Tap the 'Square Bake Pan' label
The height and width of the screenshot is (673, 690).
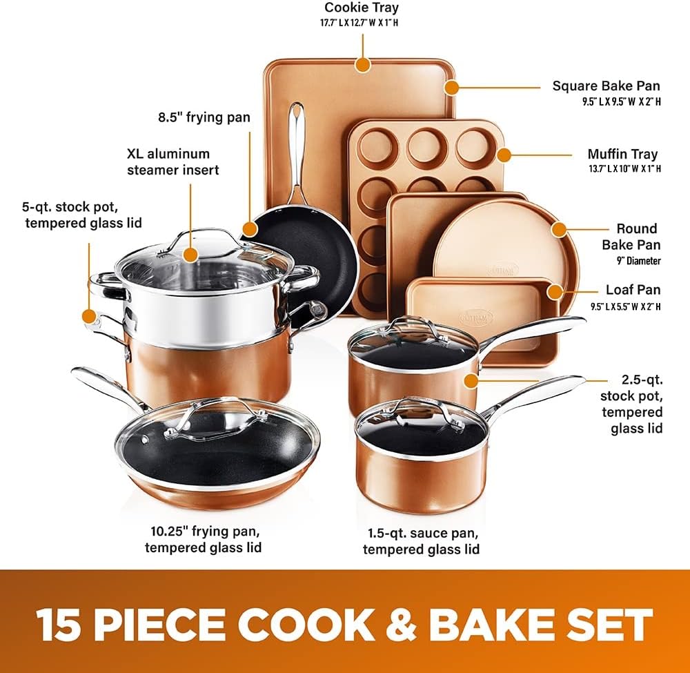(x=606, y=86)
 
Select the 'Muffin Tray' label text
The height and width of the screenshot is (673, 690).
(x=622, y=154)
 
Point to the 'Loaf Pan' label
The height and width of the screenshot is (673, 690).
(x=633, y=291)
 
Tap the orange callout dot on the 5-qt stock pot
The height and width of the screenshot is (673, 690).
(x=88, y=316)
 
